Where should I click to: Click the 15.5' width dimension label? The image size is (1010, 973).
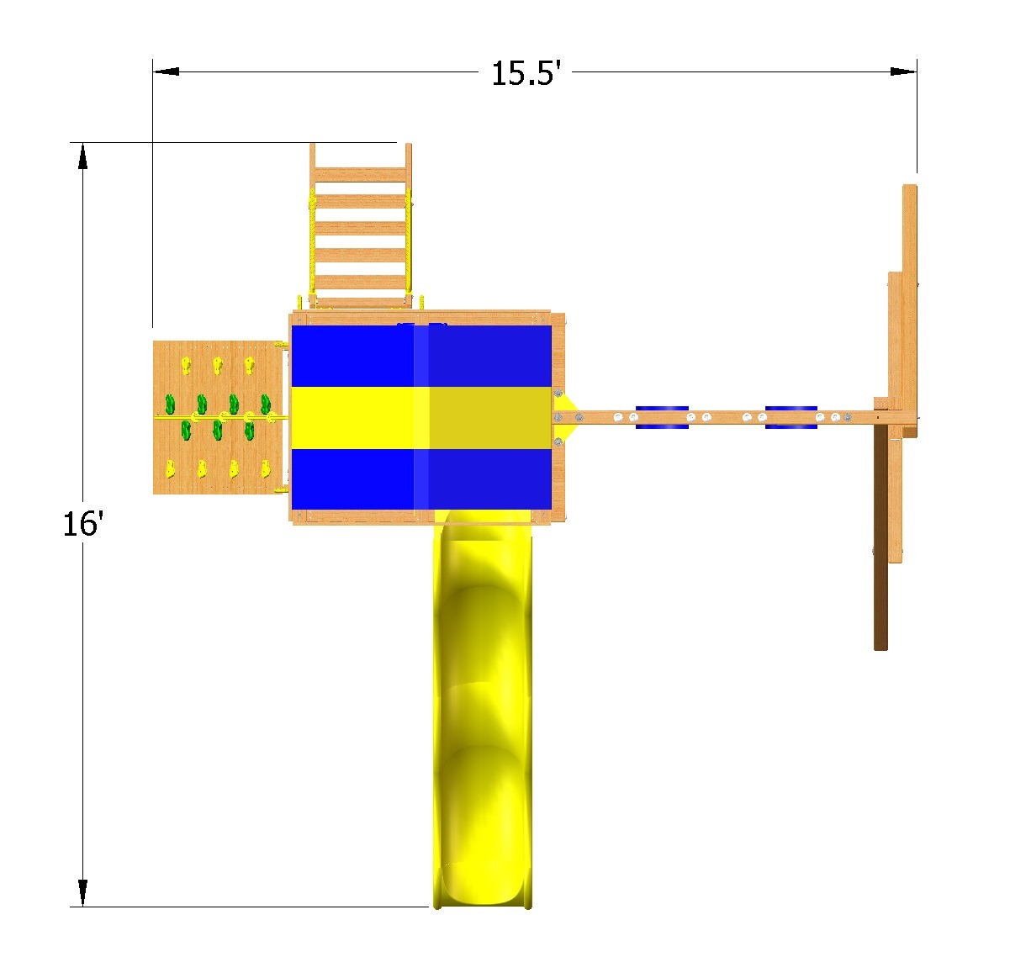526,73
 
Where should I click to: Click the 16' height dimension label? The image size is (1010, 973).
83,523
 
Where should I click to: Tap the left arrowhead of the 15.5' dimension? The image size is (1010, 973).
166,71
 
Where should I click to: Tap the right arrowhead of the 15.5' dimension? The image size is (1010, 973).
903,71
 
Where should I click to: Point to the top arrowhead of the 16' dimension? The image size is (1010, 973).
82,156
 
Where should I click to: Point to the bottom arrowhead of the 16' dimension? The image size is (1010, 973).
82,893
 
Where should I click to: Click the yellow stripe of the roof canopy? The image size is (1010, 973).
421,418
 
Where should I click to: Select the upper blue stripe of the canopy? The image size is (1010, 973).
421,356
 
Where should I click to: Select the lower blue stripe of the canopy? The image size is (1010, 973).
421,479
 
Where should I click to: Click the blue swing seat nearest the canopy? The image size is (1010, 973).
662,418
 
